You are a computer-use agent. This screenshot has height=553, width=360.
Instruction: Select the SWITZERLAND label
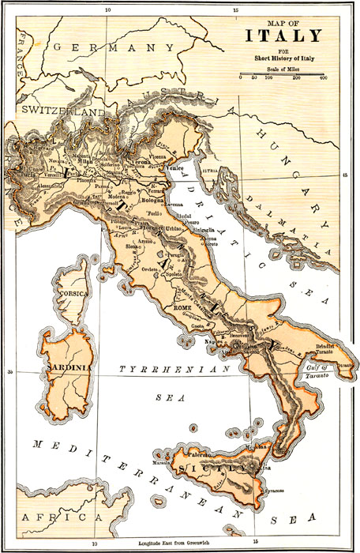coord(63,113)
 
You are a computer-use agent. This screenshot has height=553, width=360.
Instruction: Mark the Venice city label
coord(195,167)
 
